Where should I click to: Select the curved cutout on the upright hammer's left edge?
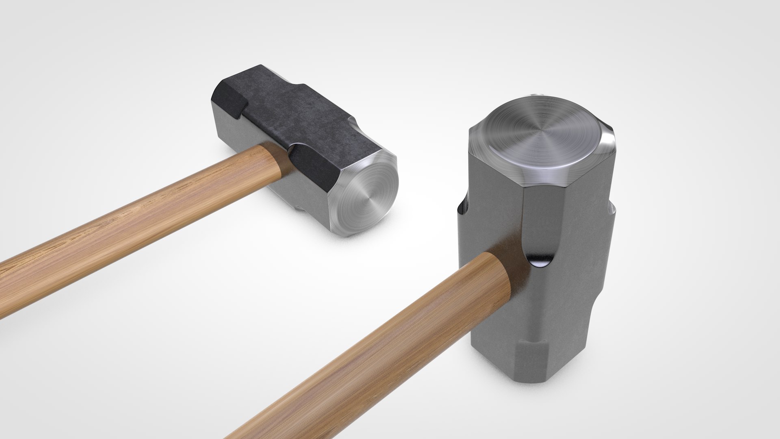tap(463, 211)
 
